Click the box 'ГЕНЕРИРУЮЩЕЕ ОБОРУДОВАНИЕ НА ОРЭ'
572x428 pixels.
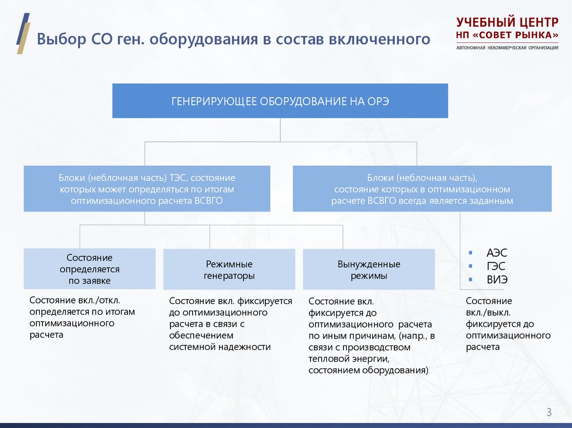pyautogui.click(x=280, y=101)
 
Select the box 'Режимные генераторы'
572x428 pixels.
pyautogui.click(x=229, y=270)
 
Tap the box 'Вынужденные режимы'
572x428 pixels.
pyautogui.click(x=369, y=270)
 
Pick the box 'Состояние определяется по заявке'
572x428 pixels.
pyautogui.click(x=89, y=269)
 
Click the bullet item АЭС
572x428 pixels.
pyautogui.click(x=497, y=253)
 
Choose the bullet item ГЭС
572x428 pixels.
pyautogui.click(x=497, y=266)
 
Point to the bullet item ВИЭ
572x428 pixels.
pyautogui.click(x=497, y=280)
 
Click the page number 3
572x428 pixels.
pyautogui.click(x=549, y=412)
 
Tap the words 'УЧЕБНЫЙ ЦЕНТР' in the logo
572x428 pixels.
pyautogui.click(x=507, y=23)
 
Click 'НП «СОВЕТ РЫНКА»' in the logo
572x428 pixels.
pyautogui.click(x=507, y=35)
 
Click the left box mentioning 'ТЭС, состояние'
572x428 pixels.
pyautogui.click(x=147, y=189)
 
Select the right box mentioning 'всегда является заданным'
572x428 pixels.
pyautogui.click(x=422, y=189)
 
